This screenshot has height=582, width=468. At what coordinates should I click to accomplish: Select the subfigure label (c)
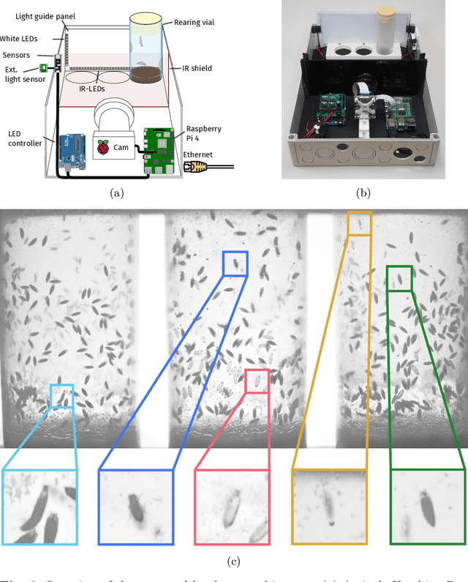[x=233, y=562]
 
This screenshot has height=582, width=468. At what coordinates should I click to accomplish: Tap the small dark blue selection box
[x=235, y=263]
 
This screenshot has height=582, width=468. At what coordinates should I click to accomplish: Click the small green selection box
[x=399, y=278]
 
